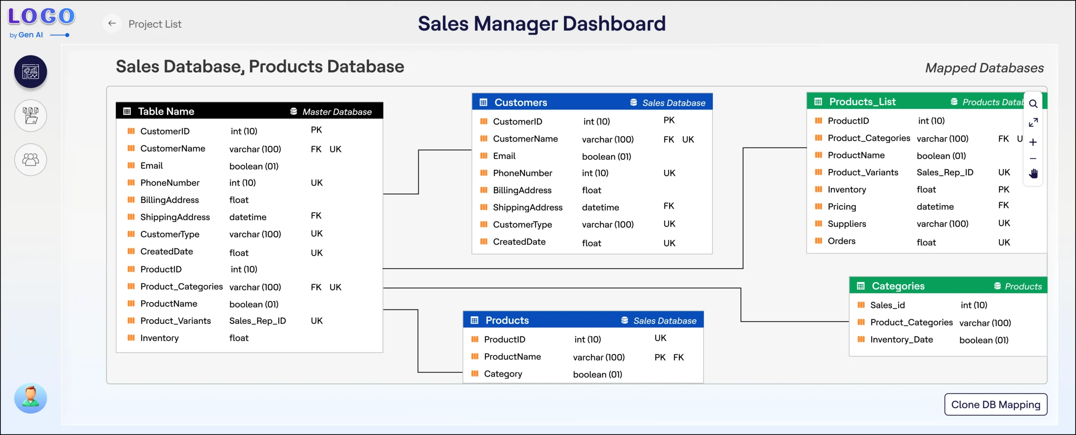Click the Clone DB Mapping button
coord(995,404)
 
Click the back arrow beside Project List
coord(112,24)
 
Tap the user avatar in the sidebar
coord(31,398)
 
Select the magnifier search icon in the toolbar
coord(1033,104)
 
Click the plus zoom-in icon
coord(1033,142)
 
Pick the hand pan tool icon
coord(1033,173)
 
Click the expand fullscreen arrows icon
coord(1033,123)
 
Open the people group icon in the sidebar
coord(31,160)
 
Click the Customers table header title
coord(521,102)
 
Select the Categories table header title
coord(898,286)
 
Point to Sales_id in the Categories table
coord(887,305)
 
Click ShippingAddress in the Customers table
coord(527,207)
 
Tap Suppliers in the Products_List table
coord(847,224)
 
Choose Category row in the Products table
coord(503,374)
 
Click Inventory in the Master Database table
coord(159,338)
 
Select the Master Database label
coord(337,112)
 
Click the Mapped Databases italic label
coord(984,68)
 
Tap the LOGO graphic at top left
coord(41,16)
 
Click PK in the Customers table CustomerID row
coord(669,121)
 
